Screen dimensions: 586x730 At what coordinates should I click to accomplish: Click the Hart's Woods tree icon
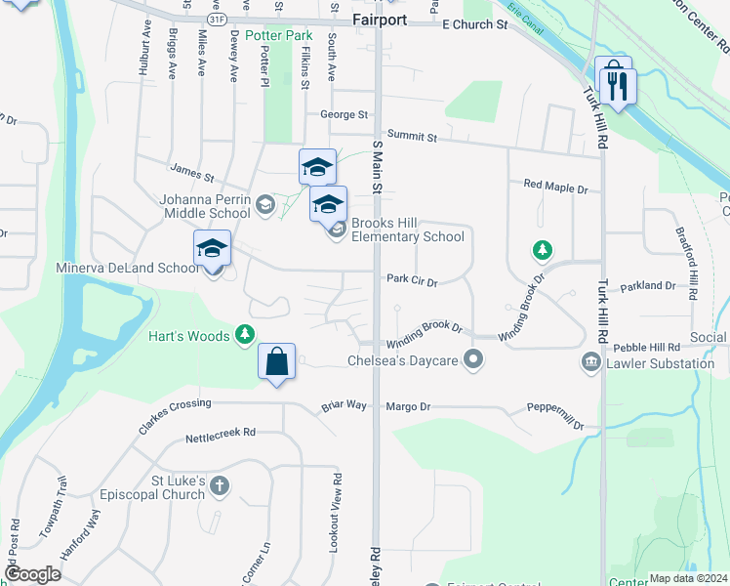(x=244, y=336)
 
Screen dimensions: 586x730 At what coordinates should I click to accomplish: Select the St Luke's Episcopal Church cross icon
(x=220, y=485)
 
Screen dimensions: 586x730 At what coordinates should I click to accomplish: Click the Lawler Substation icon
(x=590, y=363)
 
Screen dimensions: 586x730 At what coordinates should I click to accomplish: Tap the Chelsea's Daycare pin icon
(x=473, y=360)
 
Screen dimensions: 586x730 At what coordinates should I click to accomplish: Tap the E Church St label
(x=475, y=24)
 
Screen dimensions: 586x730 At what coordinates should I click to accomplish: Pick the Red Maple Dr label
(x=555, y=185)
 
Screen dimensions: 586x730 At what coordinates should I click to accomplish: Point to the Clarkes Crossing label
(x=176, y=403)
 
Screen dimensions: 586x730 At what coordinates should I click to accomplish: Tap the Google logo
(x=33, y=574)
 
